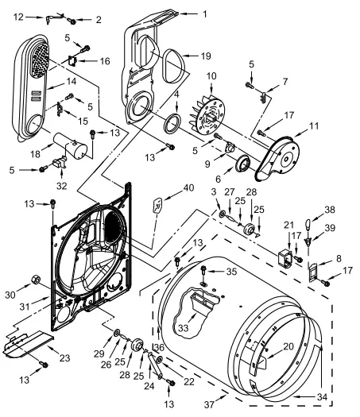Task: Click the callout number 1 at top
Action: (x=204, y=14)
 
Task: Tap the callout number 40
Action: (x=188, y=188)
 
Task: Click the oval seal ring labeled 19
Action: (x=173, y=65)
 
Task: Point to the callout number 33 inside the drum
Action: (x=183, y=328)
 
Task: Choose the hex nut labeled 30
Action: (x=36, y=280)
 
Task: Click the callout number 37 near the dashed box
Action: (x=209, y=404)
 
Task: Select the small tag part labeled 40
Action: (x=157, y=205)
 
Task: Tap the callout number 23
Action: (x=64, y=358)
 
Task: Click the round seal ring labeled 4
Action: (x=172, y=123)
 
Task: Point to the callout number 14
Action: (x=72, y=81)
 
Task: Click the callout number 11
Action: (x=314, y=125)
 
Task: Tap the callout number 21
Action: (x=288, y=226)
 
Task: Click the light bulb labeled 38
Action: (x=308, y=225)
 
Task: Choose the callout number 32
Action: (x=61, y=186)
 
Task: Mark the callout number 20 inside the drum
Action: (x=288, y=346)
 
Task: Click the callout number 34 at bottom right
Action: (x=322, y=397)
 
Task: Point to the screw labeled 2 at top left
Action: (x=72, y=20)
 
